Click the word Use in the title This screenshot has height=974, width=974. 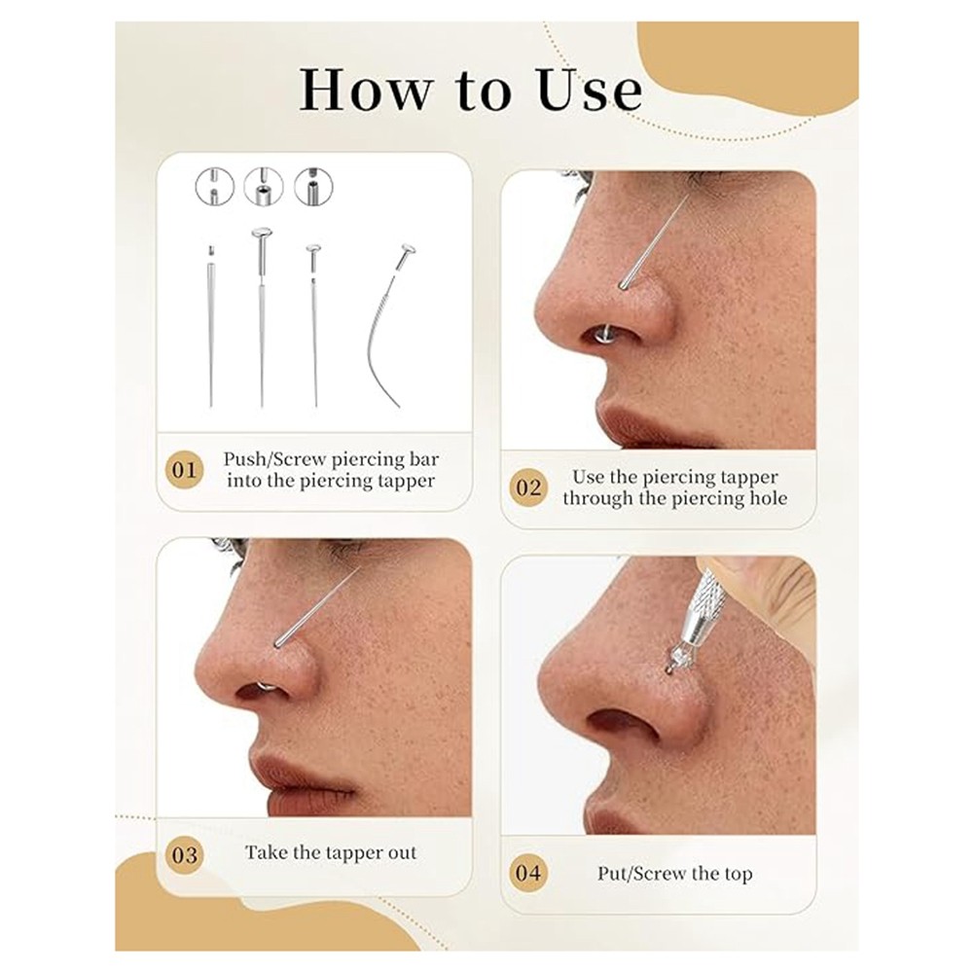(x=590, y=90)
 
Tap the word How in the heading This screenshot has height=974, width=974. (x=365, y=90)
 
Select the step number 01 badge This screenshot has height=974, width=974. (x=185, y=470)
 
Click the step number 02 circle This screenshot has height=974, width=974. (x=528, y=487)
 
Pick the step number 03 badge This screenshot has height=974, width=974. (x=185, y=855)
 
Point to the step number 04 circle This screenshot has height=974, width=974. (x=528, y=873)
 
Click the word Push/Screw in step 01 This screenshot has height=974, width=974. (x=274, y=459)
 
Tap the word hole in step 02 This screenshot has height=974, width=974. (x=768, y=498)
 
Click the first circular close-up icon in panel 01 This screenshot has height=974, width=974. (x=215, y=187)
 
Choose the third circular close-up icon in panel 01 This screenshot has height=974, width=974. (x=313, y=187)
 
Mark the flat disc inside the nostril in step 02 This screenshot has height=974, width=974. (x=599, y=336)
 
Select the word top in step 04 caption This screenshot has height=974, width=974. (x=738, y=875)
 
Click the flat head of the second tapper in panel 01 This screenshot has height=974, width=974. (x=262, y=233)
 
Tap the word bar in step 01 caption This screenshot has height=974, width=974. (x=424, y=459)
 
